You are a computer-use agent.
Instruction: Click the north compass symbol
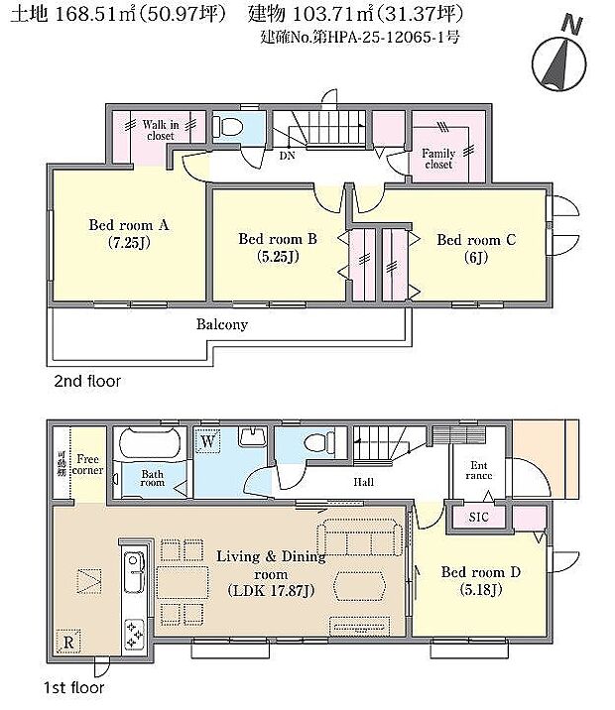(x=558, y=60)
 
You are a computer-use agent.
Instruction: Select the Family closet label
(x=438, y=159)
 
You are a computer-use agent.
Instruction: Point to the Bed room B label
(x=277, y=246)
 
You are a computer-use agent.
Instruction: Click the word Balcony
(x=221, y=324)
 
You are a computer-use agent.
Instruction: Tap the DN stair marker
(x=287, y=156)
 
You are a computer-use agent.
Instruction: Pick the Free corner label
(x=88, y=465)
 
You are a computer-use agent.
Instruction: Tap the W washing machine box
(x=209, y=441)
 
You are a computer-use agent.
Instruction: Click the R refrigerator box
(x=68, y=640)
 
